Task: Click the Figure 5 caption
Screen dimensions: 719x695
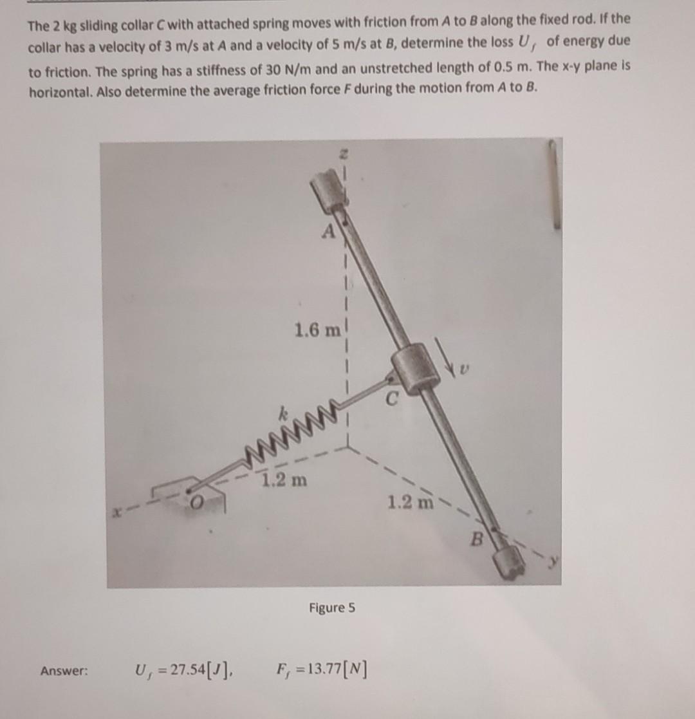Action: (x=331, y=608)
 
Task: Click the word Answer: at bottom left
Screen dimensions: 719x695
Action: (x=64, y=671)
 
